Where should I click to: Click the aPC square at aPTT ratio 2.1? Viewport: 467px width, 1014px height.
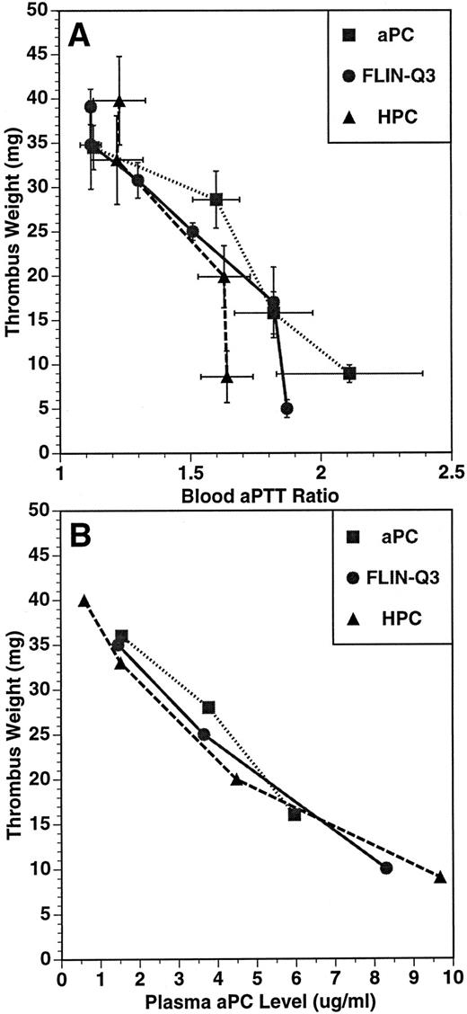349,373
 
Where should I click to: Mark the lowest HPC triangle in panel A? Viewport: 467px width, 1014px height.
226,378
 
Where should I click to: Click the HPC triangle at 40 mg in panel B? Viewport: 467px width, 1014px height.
84,601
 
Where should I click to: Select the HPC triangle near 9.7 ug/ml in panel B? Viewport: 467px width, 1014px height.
440,877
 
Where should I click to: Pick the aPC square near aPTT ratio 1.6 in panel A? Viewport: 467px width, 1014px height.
216,200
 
